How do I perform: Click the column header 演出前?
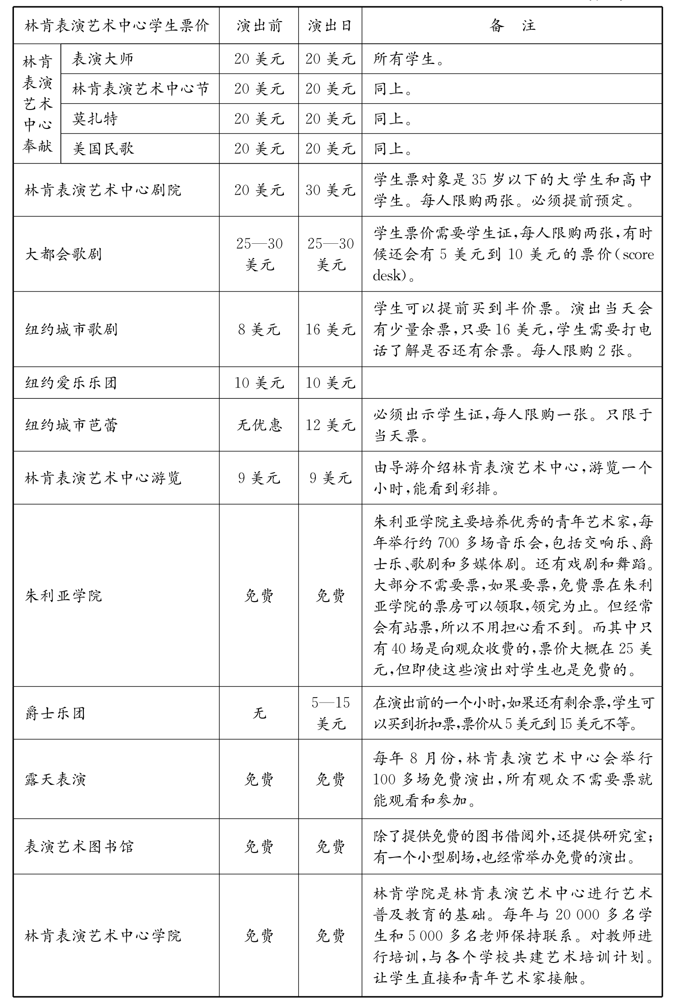coord(259,26)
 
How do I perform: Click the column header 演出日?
coord(330,26)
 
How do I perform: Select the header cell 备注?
coord(512,26)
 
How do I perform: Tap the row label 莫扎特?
coord(95,119)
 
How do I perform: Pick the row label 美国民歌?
coord(103,149)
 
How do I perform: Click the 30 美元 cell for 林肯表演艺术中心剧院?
coord(330,190)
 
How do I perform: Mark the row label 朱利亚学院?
coord(64,596)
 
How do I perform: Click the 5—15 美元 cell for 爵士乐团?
coord(330,713)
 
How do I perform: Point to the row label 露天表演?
coord(55,780)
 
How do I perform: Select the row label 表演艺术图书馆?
coord(79,847)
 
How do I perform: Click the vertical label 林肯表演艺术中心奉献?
coord(37,104)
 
